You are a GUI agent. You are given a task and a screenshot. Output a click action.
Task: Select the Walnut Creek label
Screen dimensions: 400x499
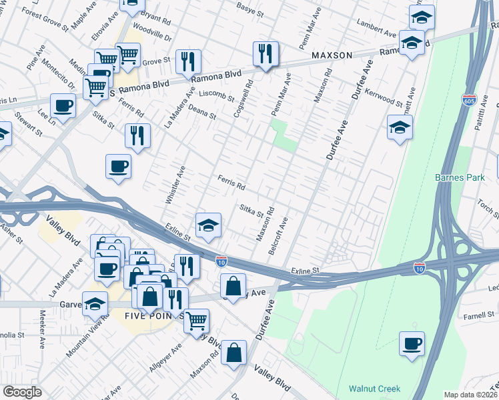pos(374,389)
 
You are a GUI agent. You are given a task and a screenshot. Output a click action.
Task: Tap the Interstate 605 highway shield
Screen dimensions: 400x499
pos(468,101)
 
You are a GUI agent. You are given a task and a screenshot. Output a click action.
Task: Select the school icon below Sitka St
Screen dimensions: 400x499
pos(208,225)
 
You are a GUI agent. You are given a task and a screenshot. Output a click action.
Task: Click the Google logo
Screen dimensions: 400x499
pos(23,392)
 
